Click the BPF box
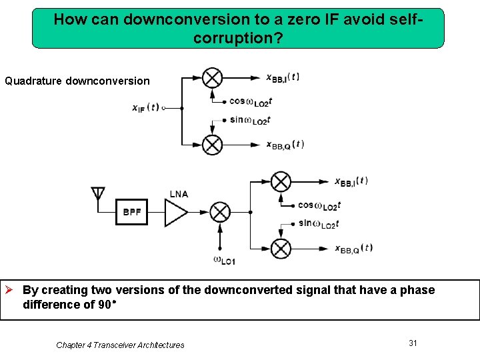point(131,213)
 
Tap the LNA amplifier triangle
point(176,213)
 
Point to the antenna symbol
point(98,195)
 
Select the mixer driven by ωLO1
point(220,213)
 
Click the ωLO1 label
point(224,260)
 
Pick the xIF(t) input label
point(145,107)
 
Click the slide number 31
point(413,343)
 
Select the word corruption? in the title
point(238,38)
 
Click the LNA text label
point(179,194)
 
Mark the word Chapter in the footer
point(71,345)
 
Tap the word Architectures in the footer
point(161,345)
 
